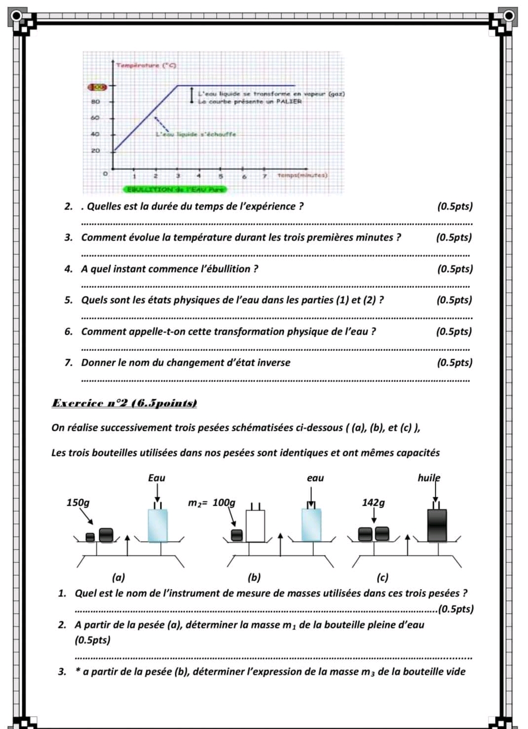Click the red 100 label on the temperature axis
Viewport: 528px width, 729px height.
[x=97, y=87]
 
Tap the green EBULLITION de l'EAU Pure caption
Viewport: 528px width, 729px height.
[x=175, y=189]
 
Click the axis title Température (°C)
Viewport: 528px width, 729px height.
[x=147, y=65]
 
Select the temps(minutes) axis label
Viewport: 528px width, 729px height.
[x=302, y=175]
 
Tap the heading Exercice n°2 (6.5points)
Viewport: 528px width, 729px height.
[x=124, y=403]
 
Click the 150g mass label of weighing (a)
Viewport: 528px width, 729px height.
[x=78, y=503]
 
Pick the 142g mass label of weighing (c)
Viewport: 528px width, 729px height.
[x=373, y=503]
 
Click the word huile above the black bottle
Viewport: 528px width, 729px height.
[x=429, y=478]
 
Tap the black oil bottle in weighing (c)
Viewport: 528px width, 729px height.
[x=437, y=525]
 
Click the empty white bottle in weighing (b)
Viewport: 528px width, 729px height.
[x=255, y=526]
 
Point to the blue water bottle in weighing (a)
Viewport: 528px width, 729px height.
[x=157, y=526]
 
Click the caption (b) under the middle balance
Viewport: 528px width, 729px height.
[x=254, y=577]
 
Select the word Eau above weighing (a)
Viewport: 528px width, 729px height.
[x=156, y=478]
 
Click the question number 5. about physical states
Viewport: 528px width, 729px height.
[x=69, y=300]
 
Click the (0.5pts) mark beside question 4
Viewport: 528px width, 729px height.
[x=454, y=269]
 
